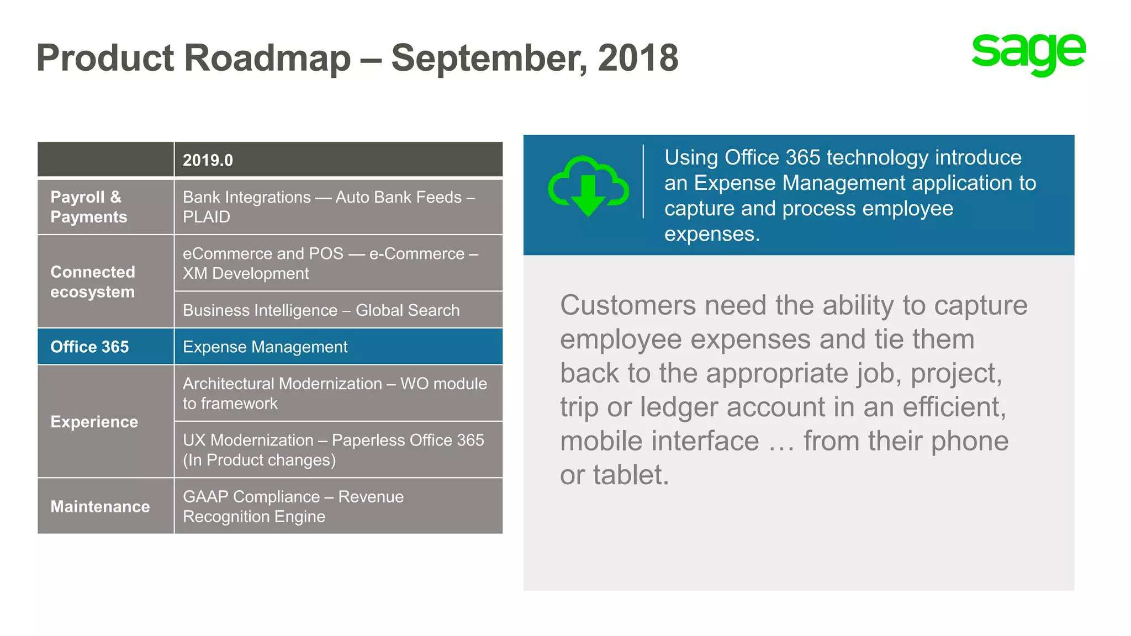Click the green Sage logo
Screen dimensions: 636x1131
pyautogui.click(x=1028, y=54)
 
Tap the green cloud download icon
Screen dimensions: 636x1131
pyautogui.click(x=588, y=185)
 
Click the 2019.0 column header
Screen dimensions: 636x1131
pyautogui.click(x=208, y=160)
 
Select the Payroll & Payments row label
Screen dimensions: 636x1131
pyautogui.click(x=88, y=207)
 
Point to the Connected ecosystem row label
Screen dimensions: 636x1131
pyautogui.click(x=92, y=282)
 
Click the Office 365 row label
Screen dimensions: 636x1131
pyautogui.click(x=89, y=347)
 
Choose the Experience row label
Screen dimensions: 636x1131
pyautogui.click(x=94, y=422)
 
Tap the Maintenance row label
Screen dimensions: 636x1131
pyautogui.click(x=100, y=506)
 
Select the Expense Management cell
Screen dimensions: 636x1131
pyautogui.click(x=265, y=347)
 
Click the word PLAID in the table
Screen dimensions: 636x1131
pyautogui.click(x=206, y=217)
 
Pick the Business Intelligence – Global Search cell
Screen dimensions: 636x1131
pyautogui.click(x=321, y=310)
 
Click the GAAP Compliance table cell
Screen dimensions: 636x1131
pyautogui.click(x=293, y=506)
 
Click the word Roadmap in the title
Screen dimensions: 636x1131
pyautogui.click(x=267, y=58)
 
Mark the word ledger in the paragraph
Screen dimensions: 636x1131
pyautogui.click(x=681, y=407)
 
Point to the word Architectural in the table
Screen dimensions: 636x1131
pyautogui.click(x=282, y=384)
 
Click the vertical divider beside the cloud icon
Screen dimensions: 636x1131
pyautogui.click(x=643, y=182)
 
